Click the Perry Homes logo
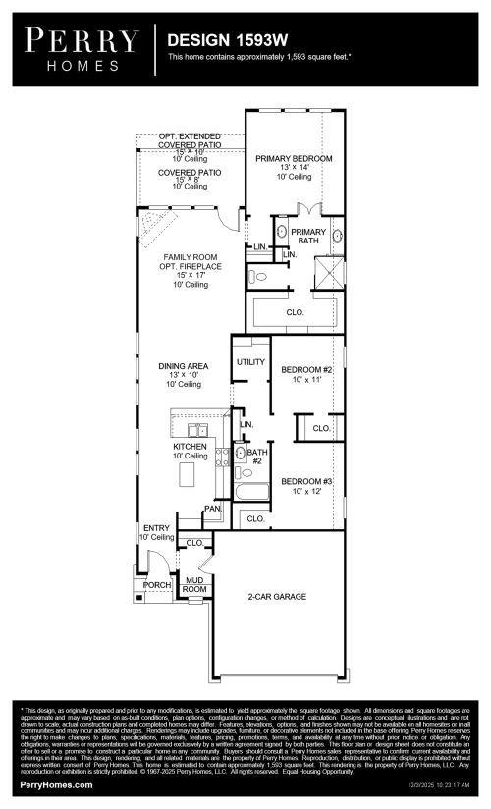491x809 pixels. click(x=82, y=48)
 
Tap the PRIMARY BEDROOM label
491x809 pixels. click(x=294, y=158)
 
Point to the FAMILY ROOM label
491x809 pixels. click(x=191, y=257)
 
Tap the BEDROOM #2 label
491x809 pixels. click(x=307, y=370)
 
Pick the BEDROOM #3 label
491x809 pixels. click(x=307, y=481)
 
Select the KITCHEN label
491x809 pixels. click(x=191, y=447)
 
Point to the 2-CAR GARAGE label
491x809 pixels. click(x=277, y=596)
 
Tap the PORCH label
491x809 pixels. click(x=156, y=584)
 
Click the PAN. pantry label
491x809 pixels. click(x=211, y=509)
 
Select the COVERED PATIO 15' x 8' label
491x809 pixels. click(x=191, y=172)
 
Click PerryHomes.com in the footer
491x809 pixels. click(x=57, y=785)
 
